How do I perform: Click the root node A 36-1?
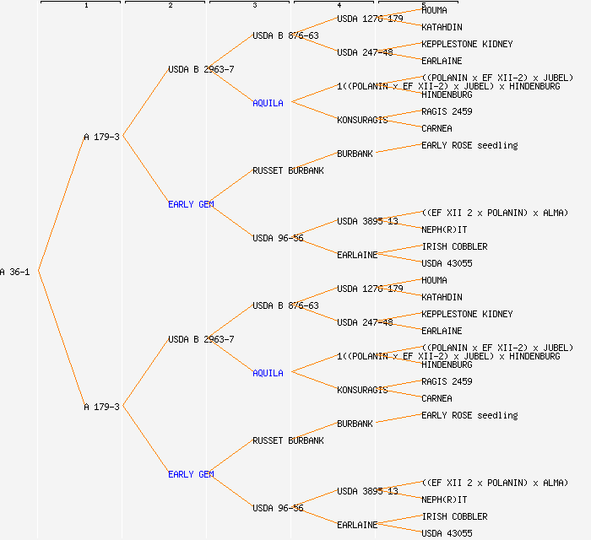pos(15,272)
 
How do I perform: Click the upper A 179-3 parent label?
pos(101,137)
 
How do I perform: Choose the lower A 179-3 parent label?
pos(101,407)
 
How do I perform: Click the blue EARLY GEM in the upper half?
pos(191,204)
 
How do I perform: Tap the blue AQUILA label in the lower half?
pos(268,373)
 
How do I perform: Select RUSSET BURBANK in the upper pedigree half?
pos(288,170)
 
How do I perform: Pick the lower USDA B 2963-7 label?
pos(201,339)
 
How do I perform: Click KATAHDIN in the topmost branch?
pos(442,27)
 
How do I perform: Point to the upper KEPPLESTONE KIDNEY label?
pos(467,44)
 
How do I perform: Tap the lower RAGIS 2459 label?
pos(447,381)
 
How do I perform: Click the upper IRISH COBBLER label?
pos(454,246)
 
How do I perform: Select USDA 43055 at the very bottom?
pos(447,533)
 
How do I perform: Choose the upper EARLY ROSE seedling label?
pos(469,145)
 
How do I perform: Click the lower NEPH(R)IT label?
pos(444,499)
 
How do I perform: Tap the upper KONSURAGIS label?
pos(362,120)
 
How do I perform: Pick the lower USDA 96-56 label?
pos(278,508)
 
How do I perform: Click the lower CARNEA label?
pos(436,398)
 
